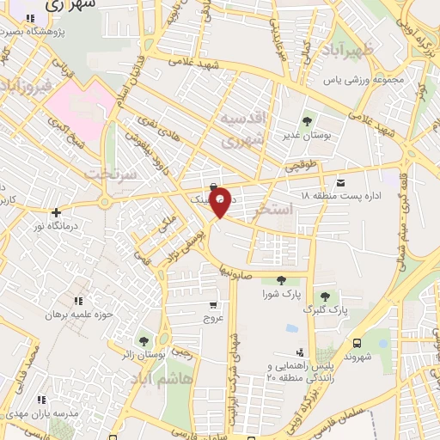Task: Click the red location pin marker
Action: [221, 201]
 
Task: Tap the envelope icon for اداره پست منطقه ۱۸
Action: [341, 183]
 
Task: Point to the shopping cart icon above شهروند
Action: [352, 341]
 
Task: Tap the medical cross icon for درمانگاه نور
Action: [56, 211]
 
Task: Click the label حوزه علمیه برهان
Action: [80, 315]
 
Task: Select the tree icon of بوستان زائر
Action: [143, 343]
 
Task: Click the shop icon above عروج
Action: [212, 305]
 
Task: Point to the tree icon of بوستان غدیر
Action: [307, 119]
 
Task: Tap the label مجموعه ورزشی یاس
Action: [375, 81]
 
